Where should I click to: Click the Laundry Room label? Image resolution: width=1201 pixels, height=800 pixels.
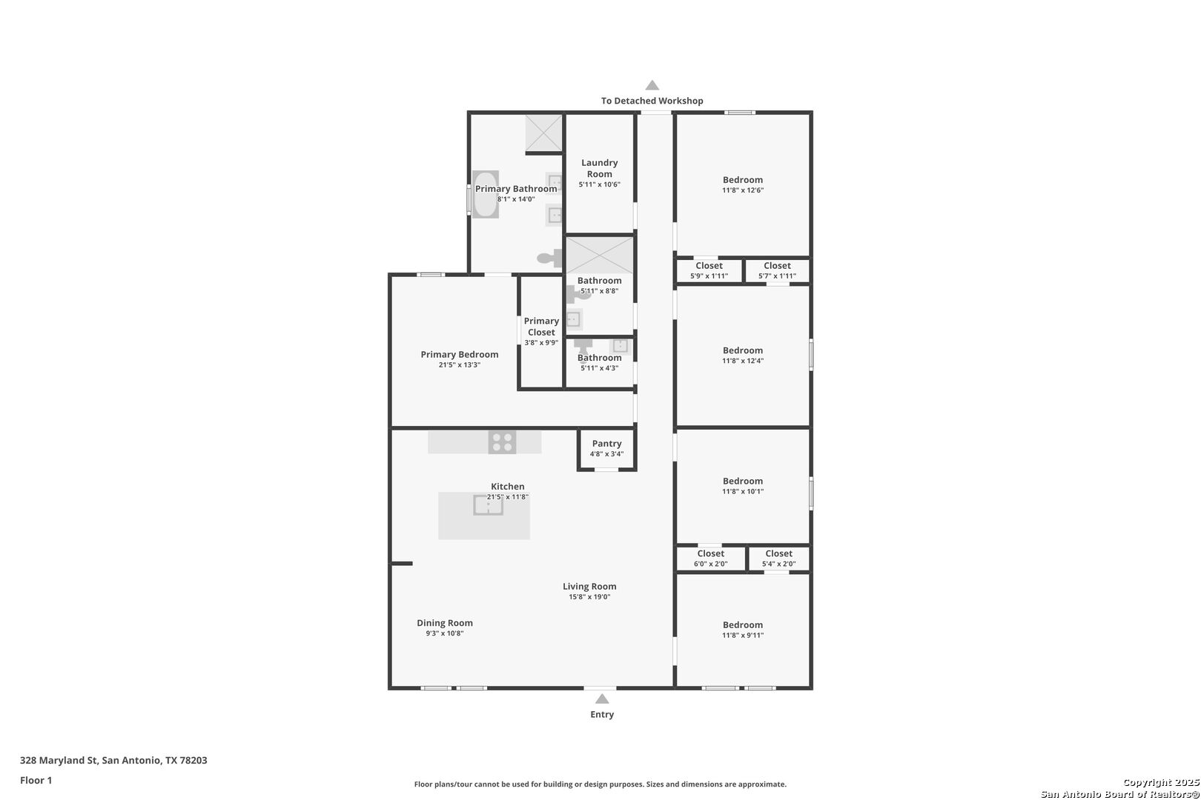pos(600,168)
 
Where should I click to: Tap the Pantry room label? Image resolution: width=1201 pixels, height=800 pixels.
pos(607,444)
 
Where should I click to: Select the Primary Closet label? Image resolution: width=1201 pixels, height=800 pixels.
pos(541,327)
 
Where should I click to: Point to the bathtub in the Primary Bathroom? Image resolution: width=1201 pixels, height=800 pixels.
pos(486,195)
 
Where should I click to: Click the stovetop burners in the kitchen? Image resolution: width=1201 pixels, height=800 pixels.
pos(503,443)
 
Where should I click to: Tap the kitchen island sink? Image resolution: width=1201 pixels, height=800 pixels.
pos(488,505)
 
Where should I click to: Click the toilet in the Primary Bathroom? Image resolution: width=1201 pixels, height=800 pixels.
pos(549,259)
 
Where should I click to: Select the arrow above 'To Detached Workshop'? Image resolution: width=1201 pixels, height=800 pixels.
pos(652,84)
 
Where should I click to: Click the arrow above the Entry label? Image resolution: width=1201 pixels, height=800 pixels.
pos(602,699)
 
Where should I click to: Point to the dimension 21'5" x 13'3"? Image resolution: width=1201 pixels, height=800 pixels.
pos(460,365)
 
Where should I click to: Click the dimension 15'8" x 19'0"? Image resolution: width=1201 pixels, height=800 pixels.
pos(590,597)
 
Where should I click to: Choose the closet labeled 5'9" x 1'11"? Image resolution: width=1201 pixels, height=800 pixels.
pos(709,270)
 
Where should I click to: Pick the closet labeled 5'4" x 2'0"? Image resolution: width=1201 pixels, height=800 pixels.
pos(779,559)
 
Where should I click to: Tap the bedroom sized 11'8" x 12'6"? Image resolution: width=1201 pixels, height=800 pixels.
pos(743,185)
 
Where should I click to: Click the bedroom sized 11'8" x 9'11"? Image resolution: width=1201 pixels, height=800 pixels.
pos(743,630)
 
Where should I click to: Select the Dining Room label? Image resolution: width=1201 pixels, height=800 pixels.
pos(445,623)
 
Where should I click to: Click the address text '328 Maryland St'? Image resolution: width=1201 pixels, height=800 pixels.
pos(59,760)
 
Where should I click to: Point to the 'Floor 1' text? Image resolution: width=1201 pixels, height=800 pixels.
pos(36,780)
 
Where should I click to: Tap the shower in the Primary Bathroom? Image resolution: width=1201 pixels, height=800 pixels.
pos(543,133)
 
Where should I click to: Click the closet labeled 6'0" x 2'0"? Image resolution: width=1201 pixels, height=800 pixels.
pos(711,559)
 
